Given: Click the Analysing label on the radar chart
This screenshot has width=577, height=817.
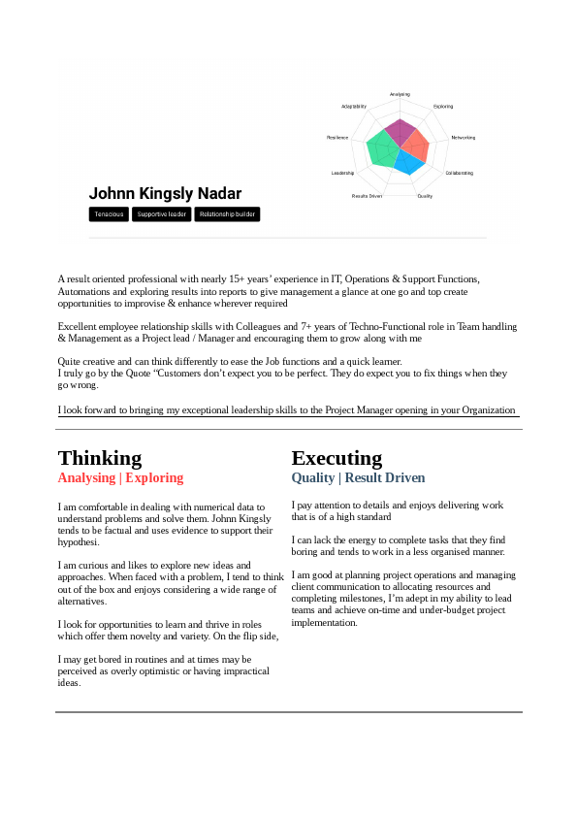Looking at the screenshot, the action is click(x=400, y=94).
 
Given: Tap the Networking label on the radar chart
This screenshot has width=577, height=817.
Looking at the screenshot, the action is click(x=463, y=138).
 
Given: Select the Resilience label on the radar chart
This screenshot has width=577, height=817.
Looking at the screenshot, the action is click(x=337, y=138).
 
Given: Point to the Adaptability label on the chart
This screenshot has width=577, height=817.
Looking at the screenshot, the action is click(x=354, y=106).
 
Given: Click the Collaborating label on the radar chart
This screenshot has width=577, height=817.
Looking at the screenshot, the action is click(x=459, y=173).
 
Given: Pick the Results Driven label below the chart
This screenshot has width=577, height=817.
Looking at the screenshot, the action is click(x=367, y=196).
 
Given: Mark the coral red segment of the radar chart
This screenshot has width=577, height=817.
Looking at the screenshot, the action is click(x=417, y=146).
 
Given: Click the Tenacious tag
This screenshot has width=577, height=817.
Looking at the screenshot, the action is click(x=109, y=214).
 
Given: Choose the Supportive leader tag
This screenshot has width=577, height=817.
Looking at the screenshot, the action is click(x=161, y=214).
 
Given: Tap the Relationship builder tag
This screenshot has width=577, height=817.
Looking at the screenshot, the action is click(x=227, y=214).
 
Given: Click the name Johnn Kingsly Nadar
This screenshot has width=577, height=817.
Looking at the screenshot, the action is click(x=165, y=194).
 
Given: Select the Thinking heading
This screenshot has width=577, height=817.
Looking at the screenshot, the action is click(x=100, y=458).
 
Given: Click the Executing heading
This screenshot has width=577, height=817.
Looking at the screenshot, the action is click(x=337, y=458).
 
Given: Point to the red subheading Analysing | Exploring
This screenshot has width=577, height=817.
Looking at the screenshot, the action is click(x=120, y=478).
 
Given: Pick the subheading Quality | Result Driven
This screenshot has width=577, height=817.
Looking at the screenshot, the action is click(x=358, y=478).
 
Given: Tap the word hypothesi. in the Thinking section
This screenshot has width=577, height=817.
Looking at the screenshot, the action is click(x=79, y=542).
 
